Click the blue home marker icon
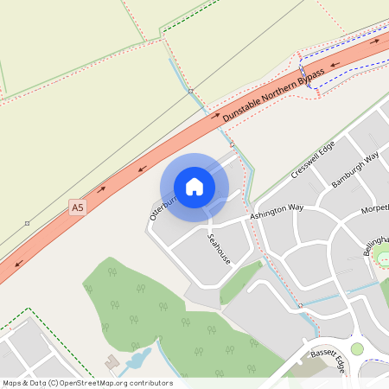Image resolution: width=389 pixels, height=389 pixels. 194,187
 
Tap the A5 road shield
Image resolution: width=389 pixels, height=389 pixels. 78,207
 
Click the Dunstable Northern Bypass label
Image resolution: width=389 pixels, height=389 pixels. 272,94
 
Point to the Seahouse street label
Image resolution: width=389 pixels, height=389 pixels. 219,247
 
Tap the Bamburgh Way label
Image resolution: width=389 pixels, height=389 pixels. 355,170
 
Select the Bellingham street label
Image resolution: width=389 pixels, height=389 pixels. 377,245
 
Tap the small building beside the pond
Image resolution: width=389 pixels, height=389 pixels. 112,361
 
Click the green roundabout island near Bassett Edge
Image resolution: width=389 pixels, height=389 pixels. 356,348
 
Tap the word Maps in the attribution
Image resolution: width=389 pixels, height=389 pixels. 12,383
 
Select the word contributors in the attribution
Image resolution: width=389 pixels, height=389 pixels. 150,383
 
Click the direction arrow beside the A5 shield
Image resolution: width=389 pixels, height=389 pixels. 101,188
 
